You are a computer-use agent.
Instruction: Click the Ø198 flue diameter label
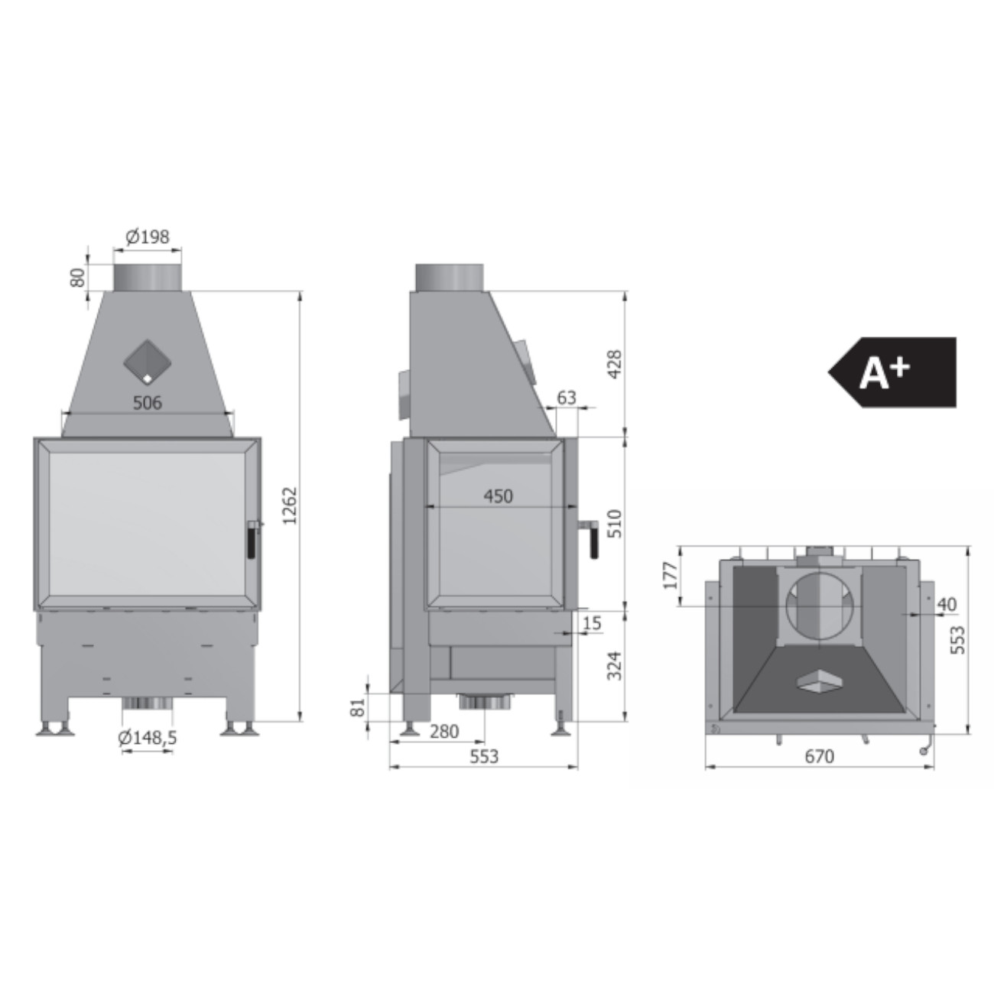(148, 237)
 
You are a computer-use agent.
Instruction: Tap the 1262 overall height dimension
(291, 505)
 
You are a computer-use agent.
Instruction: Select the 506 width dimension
(148, 402)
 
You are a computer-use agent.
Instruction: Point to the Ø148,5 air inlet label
(148, 738)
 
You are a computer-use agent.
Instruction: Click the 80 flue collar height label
(77, 278)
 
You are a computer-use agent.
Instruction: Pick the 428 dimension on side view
(615, 364)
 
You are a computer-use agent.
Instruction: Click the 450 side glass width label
(499, 496)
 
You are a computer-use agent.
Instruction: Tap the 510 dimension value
(615, 524)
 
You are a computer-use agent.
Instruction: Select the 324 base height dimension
(615, 665)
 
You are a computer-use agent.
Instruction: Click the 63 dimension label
(567, 398)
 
